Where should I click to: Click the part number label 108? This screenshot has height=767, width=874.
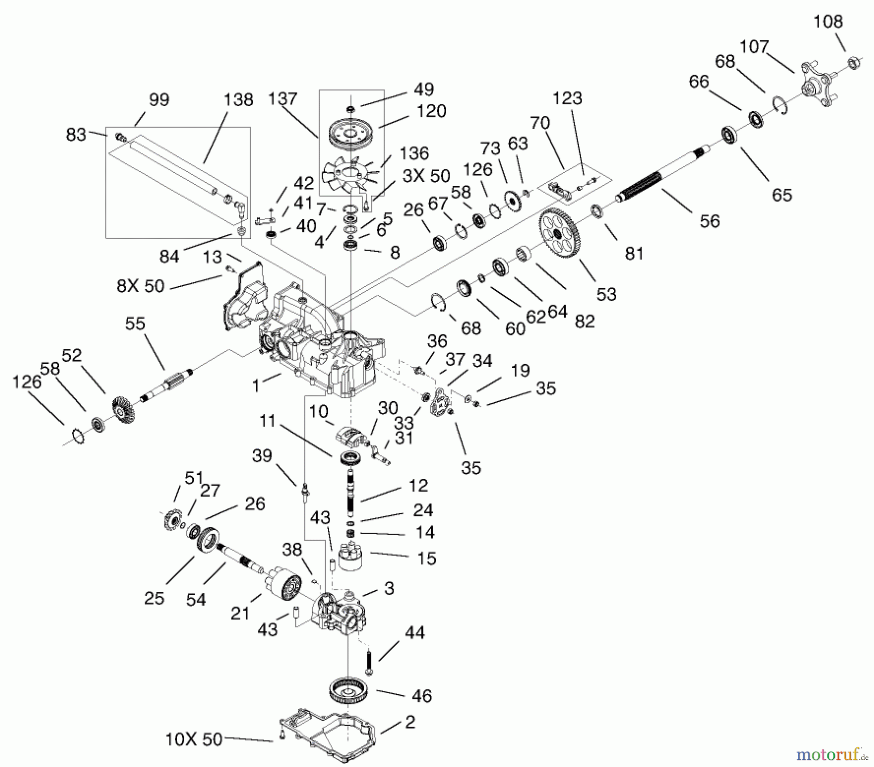pyautogui.click(x=828, y=22)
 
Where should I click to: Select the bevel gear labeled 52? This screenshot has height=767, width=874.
pyautogui.click(x=123, y=407)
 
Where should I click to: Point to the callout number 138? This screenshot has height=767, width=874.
pyautogui.click(x=238, y=100)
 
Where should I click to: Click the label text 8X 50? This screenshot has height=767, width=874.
pyautogui.click(x=141, y=286)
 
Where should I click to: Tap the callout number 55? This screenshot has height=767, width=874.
pyautogui.click(x=135, y=324)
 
